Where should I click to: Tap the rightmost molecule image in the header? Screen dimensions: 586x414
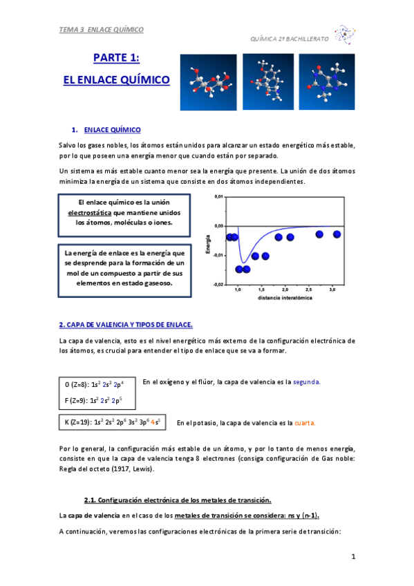[326, 82]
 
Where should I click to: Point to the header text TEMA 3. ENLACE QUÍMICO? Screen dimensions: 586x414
[102, 30]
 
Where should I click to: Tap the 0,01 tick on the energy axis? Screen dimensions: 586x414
[218, 197]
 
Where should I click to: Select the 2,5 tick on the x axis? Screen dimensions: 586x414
[308, 290]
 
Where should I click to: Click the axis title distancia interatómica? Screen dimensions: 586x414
[285, 298]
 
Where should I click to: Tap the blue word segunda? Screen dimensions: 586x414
[307, 381]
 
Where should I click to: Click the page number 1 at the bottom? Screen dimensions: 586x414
[352, 557]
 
